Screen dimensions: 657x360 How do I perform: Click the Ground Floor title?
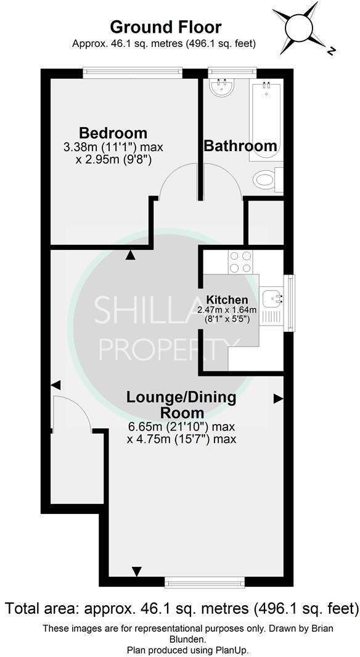(x=165, y=27)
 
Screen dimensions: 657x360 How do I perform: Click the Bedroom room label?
(x=113, y=133)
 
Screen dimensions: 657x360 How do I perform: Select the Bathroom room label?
(x=240, y=146)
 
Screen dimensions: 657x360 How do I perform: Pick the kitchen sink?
(x=271, y=300)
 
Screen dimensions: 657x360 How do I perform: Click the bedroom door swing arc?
(x=177, y=181)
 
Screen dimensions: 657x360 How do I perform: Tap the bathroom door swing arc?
(x=220, y=180)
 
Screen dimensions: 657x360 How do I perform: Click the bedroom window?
(x=133, y=73)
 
